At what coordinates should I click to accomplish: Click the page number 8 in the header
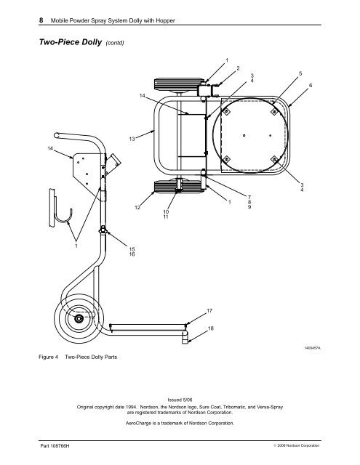click(41, 20)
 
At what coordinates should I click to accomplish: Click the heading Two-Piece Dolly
click(71, 42)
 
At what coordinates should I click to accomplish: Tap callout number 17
click(209, 311)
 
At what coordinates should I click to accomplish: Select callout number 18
click(210, 328)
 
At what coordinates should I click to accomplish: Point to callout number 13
click(132, 139)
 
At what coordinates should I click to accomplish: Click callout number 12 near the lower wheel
click(137, 207)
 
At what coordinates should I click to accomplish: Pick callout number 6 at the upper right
click(311, 86)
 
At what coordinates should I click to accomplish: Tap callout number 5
click(300, 73)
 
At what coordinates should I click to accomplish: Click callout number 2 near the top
click(238, 68)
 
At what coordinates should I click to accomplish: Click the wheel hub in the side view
click(79, 319)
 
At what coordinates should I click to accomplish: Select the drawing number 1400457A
click(312, 347)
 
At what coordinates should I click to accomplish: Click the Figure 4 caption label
click(48, 357)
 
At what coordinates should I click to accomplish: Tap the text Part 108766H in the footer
click(55, 445)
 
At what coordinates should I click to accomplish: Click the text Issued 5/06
click(180, 400)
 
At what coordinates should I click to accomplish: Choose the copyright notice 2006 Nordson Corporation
click(297, 445)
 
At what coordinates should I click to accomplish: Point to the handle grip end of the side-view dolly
click(57, 135)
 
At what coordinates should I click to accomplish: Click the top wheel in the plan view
click(179, 84)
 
